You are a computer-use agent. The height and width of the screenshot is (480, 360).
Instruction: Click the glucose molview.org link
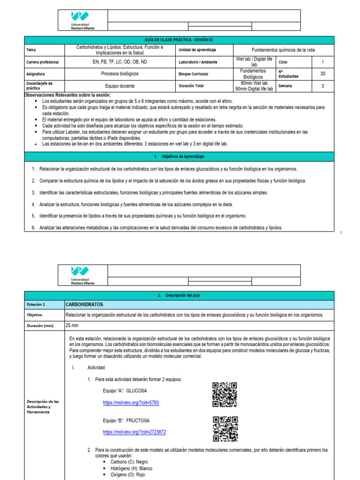click(124, 403)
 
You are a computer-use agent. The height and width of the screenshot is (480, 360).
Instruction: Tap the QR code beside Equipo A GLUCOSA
click(225, 395)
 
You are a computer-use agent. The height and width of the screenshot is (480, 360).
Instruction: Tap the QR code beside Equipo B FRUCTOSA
click(225, 429)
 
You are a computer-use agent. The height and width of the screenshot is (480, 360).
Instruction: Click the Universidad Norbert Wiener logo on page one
click(82, 21)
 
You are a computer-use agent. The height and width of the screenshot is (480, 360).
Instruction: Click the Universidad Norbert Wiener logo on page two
click(82, 276)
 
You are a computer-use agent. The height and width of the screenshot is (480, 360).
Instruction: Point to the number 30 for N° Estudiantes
click(322, 74)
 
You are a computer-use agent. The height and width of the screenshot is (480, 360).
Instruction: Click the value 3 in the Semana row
click(322, 86)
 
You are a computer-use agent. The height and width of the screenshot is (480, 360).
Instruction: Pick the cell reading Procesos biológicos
click(120, 74)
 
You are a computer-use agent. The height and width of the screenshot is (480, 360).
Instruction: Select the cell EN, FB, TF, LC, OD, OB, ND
click(120, 62)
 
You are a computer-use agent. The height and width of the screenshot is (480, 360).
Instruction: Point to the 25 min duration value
click(72, 325)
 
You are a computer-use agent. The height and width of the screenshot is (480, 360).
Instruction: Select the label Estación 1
click(36, 305)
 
